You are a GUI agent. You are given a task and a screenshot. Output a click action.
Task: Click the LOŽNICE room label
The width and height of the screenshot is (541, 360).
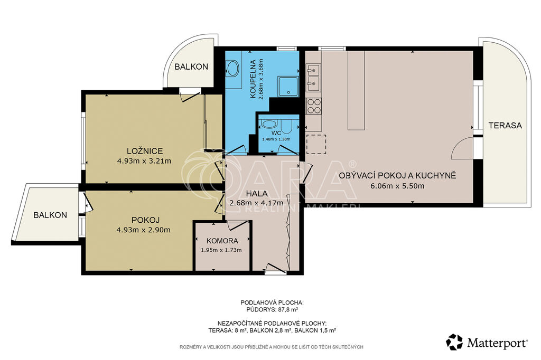click(145, 151)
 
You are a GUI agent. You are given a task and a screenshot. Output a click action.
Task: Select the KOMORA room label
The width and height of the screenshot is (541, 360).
click(222, 241)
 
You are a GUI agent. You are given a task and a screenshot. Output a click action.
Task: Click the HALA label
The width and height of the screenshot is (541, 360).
click(257, 194)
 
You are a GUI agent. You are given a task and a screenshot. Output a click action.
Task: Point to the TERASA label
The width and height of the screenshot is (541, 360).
click(505, 126)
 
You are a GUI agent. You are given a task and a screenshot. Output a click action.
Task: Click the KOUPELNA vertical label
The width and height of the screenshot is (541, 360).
click(253, 79)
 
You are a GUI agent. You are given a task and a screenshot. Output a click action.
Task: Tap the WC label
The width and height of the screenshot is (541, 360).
click(276, 133)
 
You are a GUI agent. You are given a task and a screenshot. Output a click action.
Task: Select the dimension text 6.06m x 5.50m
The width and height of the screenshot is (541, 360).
click(397, 186)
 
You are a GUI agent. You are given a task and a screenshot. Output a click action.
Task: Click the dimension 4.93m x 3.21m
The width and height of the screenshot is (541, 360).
click(144, 160)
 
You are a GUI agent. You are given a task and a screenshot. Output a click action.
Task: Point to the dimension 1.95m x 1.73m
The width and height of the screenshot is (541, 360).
click(221, 250)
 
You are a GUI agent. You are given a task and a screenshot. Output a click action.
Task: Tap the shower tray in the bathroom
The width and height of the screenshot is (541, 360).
click(288, 86)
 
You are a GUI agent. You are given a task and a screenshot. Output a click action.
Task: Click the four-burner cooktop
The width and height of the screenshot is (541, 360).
click(314, 106)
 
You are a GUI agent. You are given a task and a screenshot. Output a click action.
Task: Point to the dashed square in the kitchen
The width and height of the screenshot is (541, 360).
click(316, 144)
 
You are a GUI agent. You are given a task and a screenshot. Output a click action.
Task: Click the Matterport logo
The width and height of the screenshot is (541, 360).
click(487, 342)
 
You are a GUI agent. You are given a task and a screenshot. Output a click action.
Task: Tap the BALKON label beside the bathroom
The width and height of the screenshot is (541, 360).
click(191, 67)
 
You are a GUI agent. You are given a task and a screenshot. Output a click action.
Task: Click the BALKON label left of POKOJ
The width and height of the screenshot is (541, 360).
click(50, 215)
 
